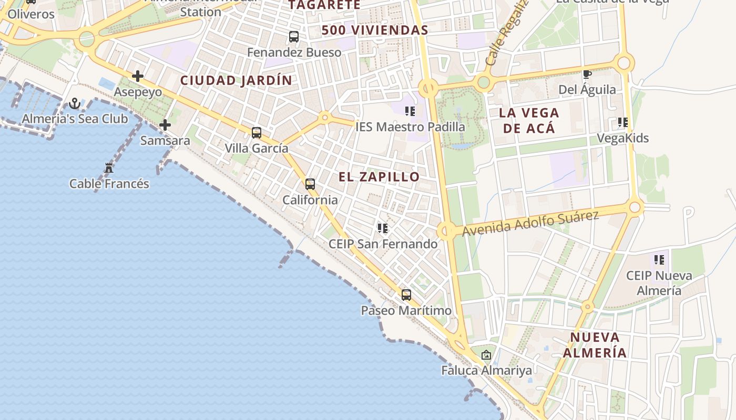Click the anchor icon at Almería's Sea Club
tap(75, 103)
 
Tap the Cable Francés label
tap(109, 184)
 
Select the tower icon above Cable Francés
tap(109, 168)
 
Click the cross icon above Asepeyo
tap(138, 76)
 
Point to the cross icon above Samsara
tap(165, 125)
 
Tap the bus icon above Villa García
tap(257, 133)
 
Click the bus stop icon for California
tap(310, 184)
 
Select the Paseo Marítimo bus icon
tap(406, 295)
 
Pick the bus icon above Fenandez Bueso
tap(294, 37)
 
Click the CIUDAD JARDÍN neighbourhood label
tap(236, 80)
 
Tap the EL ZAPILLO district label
tap(379, 177)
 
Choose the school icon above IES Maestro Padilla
tap(410, 111)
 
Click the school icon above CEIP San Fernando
tap(383, 228)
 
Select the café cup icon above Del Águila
tap(587, 75)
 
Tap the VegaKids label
tap(623, 138)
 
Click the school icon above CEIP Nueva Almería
tap(659, 260)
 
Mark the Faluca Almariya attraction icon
tap(486, 355)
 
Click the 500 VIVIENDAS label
tap(375, 30)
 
